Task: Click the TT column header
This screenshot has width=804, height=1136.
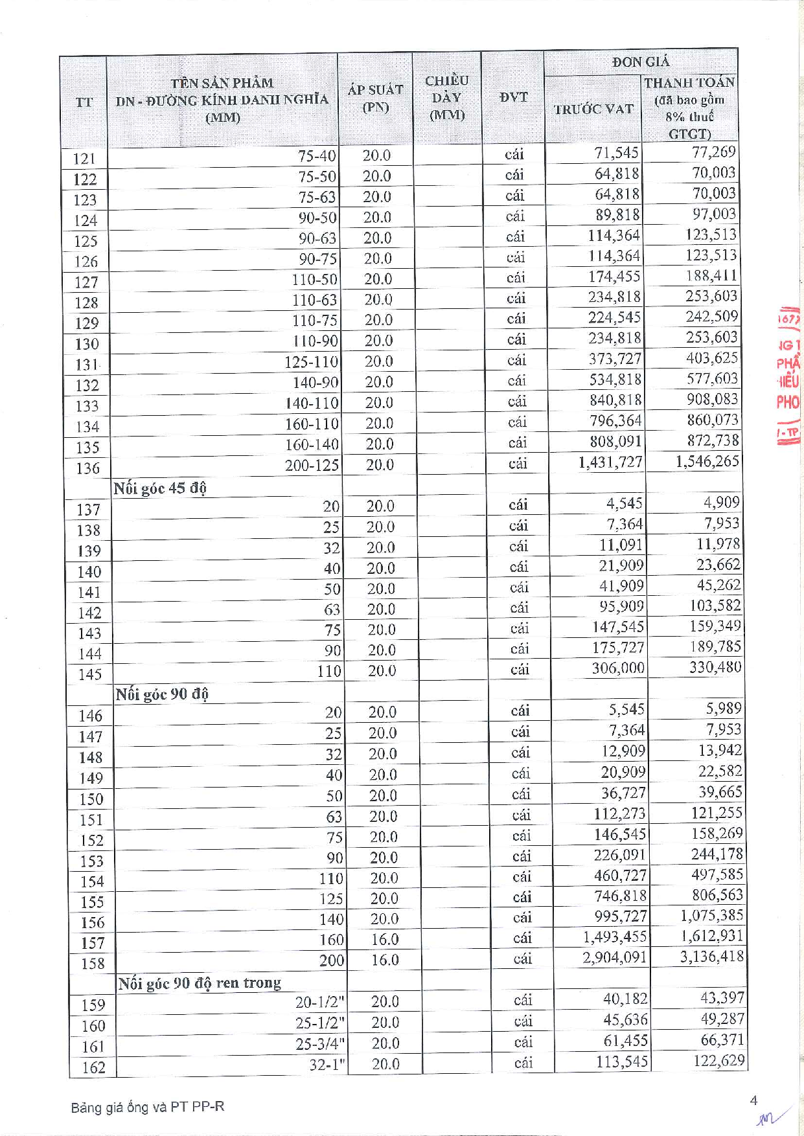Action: point(84,102)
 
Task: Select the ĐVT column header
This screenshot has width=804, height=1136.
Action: point(513,97)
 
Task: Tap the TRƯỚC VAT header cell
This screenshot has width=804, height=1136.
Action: point(593,109)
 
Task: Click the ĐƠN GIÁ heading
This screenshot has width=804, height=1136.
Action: point(640,62)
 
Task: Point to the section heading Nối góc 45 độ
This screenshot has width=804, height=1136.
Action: point(160,488)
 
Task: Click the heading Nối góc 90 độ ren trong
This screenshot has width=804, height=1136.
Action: point(200,983)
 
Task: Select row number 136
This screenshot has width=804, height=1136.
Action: point(87,468)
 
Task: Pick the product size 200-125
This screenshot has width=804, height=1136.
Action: point(312,465)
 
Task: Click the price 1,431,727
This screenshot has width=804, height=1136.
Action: point(610,462)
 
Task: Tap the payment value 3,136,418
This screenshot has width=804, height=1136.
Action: point(711,957)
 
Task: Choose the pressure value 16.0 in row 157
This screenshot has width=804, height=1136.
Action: point(384,939)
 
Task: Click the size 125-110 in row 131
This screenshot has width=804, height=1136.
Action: point(311,361)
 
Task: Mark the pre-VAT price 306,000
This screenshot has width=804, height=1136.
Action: point(617,668)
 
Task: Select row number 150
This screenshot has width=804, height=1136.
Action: point(91,799)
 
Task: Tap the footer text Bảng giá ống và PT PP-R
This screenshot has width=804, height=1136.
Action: point(148,1107)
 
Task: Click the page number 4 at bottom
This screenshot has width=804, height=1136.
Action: point(753,1100)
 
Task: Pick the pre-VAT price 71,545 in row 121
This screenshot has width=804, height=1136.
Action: point(616,153)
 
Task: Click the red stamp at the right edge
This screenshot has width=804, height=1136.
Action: point(788,376)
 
